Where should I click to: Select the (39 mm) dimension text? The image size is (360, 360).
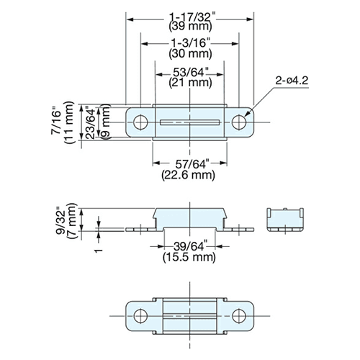(x=190, y=27)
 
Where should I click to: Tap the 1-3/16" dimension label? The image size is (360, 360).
(x=189, y=43)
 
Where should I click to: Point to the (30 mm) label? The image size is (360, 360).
(x=190, y=53)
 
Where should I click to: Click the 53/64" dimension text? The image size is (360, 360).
(x=191, y=72)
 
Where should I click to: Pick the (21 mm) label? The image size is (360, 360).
(x=190, y=83)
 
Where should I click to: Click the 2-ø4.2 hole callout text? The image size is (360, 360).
(x=292, y=81)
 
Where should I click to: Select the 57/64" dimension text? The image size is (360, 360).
(x=191, y=164)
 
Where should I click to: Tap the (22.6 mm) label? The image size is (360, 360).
(x=188, y=175)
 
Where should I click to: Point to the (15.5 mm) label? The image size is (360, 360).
(x=189, y=257)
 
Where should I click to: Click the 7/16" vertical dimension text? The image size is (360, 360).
(x=56, y=122)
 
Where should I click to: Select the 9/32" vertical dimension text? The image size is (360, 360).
(x=61, y=221)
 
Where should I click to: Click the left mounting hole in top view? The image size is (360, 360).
(x=140, y=122)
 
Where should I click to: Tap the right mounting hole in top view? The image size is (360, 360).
(x=239, y=122)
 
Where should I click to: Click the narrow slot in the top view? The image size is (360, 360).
(x=189, y=122)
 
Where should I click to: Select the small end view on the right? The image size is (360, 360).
(x=285, y=220)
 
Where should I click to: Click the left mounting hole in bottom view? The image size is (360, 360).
(x=140, y=316)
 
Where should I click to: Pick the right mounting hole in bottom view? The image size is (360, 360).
(x=239, y=316)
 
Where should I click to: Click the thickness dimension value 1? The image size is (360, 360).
(x=99, y=251)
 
